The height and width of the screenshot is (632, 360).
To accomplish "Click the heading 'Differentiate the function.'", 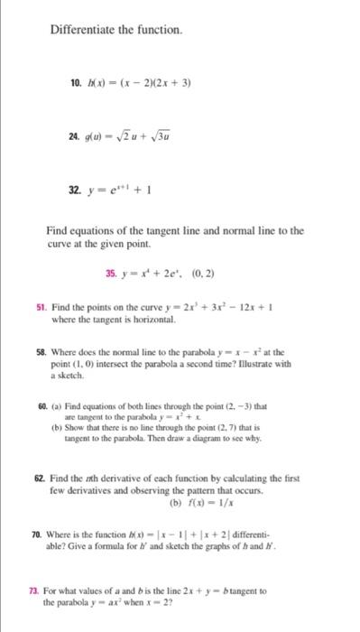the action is point(116,31).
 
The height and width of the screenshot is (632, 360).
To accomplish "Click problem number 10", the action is point(75,82).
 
